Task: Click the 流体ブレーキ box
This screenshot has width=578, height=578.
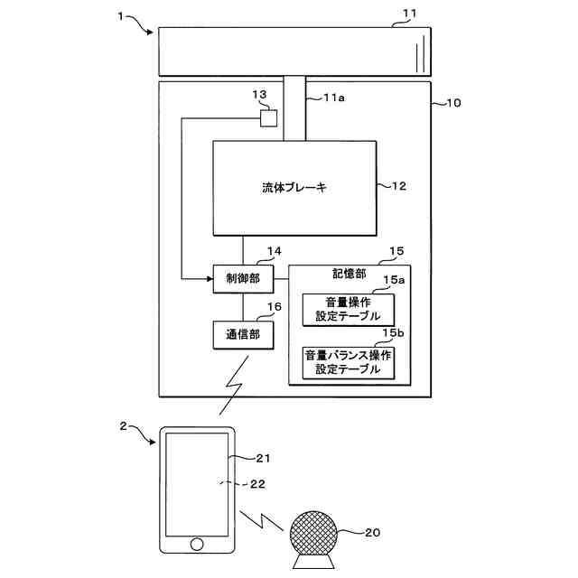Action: (294, 188)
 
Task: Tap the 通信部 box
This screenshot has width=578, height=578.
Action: (243, 335)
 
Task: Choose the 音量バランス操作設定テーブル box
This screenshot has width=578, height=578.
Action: (349, 362)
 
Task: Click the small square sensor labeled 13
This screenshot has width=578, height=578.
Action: (268, 117)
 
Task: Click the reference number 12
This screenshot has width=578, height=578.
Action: (398, 187)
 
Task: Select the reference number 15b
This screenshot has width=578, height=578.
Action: (393, 334)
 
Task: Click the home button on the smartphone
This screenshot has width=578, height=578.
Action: (197, 544)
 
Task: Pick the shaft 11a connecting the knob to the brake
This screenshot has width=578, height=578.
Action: (294, 108)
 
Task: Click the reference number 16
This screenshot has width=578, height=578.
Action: (275, 307)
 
